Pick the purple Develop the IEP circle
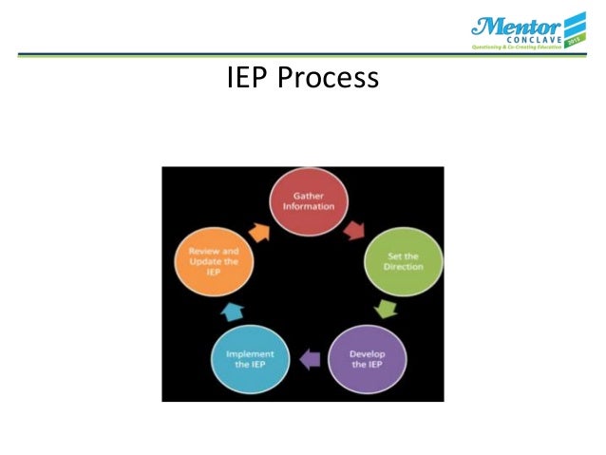(365, 359)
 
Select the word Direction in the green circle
(404, 268)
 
